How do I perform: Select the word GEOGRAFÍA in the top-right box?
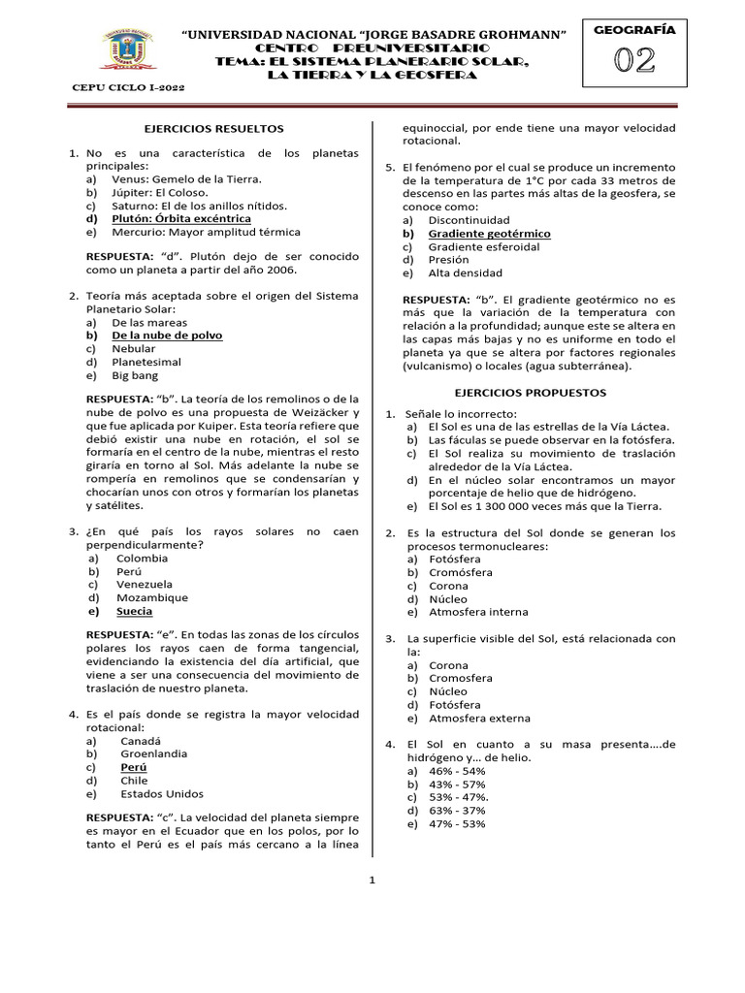tap(635, 30)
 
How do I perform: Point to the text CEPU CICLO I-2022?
tap(129, 87)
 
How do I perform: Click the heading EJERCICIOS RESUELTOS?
tap(213, 127)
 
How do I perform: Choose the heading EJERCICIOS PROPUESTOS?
tap(531, 393)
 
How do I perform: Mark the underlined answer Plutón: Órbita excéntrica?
tap(181, 218)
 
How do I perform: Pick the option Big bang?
tap(134, 375)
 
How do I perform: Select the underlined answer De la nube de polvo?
tap(167, 335)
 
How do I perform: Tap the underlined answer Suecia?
tap(135, 612)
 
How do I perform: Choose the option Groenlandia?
tap(153, 753)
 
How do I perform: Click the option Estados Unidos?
tap(162, 793)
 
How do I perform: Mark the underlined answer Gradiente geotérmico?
tap(489, 234)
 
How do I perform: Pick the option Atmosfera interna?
tap(478, 612)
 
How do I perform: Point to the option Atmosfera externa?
tap(479, 719)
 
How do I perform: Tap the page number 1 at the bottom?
tap(371, 881)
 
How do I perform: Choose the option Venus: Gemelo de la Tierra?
tap(187, 178)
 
